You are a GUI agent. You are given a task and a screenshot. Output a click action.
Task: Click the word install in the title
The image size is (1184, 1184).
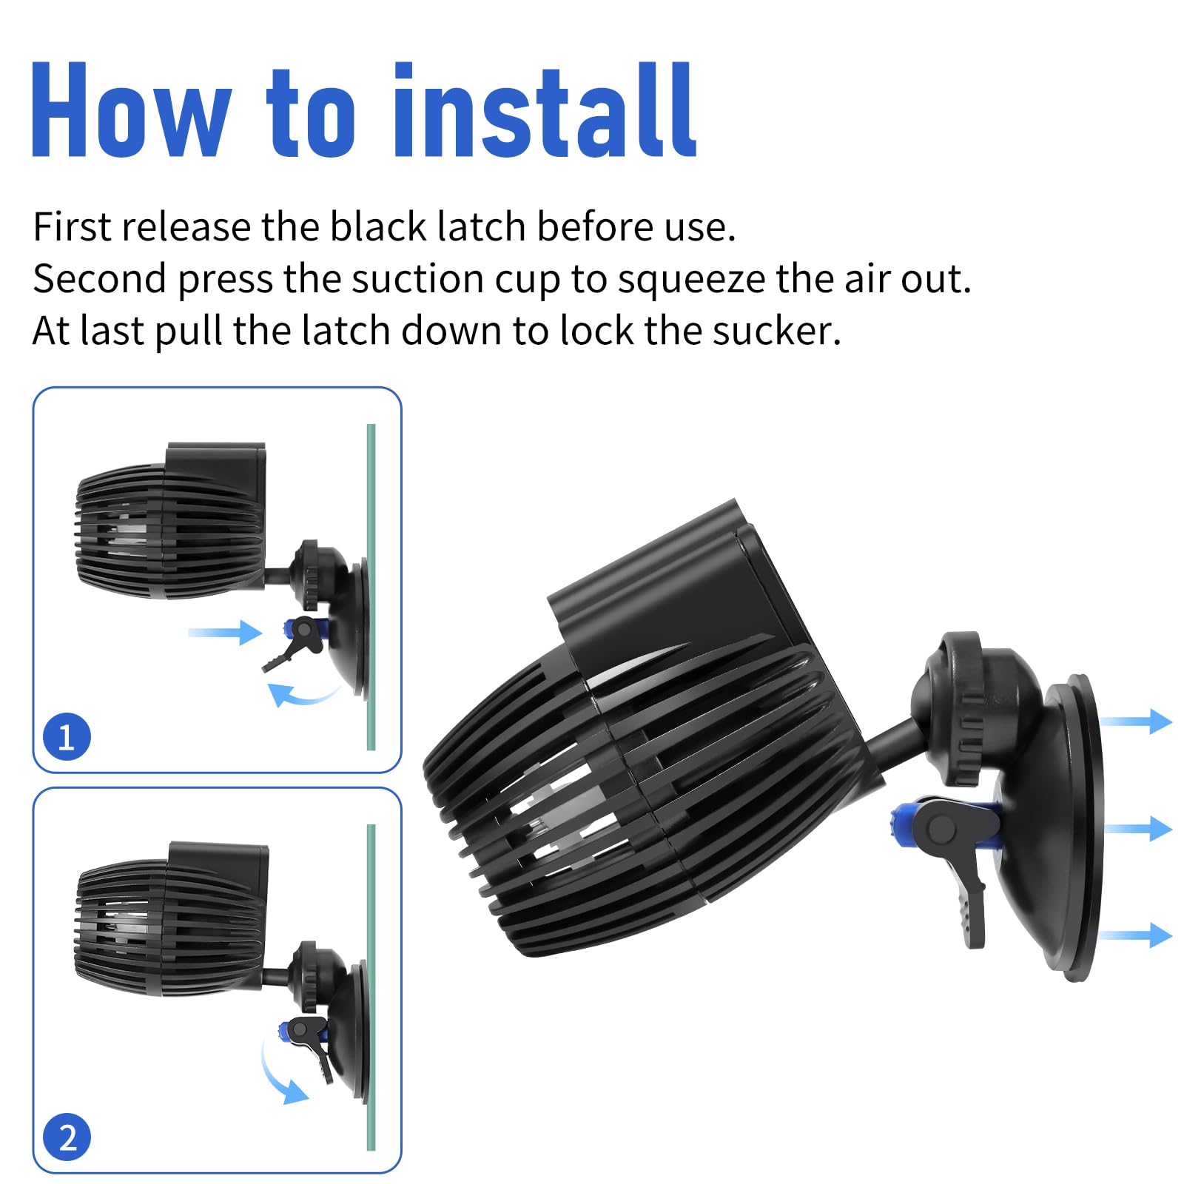544,111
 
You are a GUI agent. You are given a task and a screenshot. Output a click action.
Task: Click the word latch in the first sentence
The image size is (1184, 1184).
481,226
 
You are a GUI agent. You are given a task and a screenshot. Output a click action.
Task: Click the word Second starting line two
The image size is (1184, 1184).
99,280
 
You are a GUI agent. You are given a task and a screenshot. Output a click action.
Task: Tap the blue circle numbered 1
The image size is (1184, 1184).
67,736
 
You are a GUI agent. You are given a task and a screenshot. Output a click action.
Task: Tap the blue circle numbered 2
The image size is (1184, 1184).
67,1137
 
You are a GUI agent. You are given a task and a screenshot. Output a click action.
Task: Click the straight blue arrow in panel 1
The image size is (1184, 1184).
226,633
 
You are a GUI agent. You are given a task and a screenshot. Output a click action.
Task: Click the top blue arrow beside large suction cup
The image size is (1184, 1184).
1136,721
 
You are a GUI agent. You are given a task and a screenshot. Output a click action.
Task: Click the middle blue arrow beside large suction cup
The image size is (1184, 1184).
1136,828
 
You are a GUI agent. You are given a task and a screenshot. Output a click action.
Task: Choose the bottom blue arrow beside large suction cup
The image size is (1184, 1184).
1136,935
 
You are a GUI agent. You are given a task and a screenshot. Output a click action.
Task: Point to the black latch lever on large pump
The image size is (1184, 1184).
969,888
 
